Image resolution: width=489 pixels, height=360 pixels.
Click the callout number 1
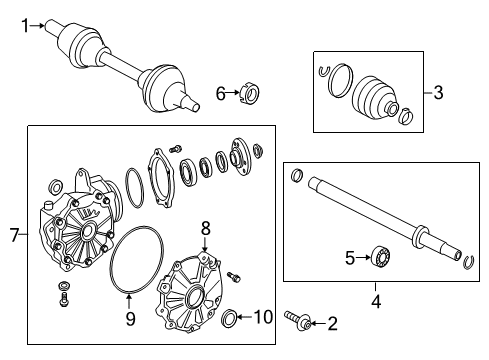25,26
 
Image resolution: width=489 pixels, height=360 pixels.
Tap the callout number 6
221,93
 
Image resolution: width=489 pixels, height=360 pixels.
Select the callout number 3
438,92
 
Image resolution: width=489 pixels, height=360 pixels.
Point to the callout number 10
264,317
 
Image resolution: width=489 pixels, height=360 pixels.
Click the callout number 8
206,229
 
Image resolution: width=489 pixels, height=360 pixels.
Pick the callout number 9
130,319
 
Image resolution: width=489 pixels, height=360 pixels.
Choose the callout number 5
350,258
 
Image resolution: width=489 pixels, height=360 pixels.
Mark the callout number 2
333,324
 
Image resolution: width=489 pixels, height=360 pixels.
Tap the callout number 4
376,302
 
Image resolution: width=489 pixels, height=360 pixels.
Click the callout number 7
14,235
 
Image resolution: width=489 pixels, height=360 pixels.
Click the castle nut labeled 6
250,93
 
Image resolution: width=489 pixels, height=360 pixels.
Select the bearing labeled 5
381,256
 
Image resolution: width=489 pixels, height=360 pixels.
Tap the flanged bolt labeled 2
298,320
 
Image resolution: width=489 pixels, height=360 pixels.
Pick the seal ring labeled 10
229,318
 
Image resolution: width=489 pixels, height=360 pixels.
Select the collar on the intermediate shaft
419,236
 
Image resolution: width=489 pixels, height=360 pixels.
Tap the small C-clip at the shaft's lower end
469,262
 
